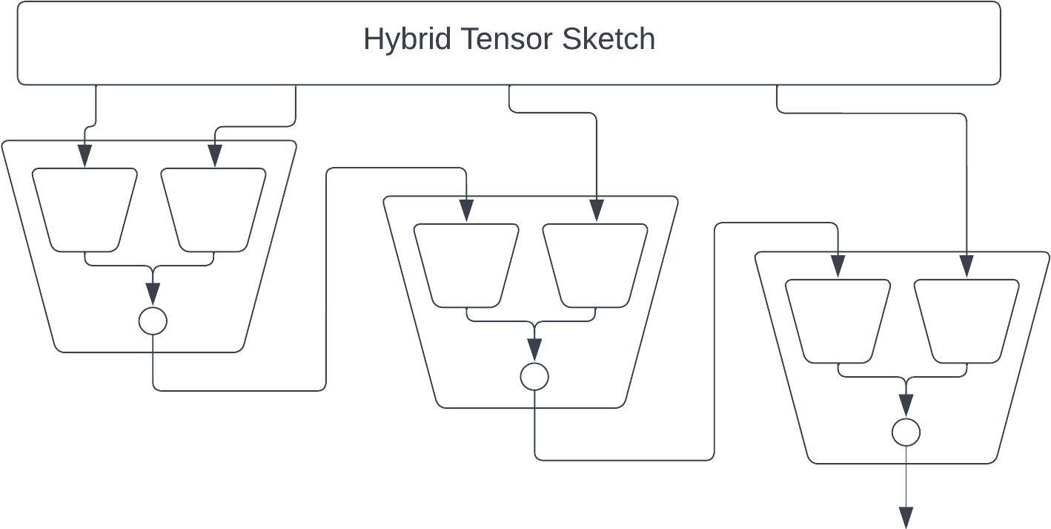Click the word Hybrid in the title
407,39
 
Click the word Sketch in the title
609,39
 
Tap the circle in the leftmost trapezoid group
153,321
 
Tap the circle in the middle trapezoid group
534,377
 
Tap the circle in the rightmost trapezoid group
906,432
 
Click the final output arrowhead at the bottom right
906,518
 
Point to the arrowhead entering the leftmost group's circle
153,295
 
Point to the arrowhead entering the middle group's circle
534,349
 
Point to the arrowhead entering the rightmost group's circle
906,405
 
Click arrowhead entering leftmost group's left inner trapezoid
85,156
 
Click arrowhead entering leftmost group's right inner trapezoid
215,156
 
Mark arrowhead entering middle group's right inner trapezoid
596,211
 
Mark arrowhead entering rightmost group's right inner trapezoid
967,266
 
